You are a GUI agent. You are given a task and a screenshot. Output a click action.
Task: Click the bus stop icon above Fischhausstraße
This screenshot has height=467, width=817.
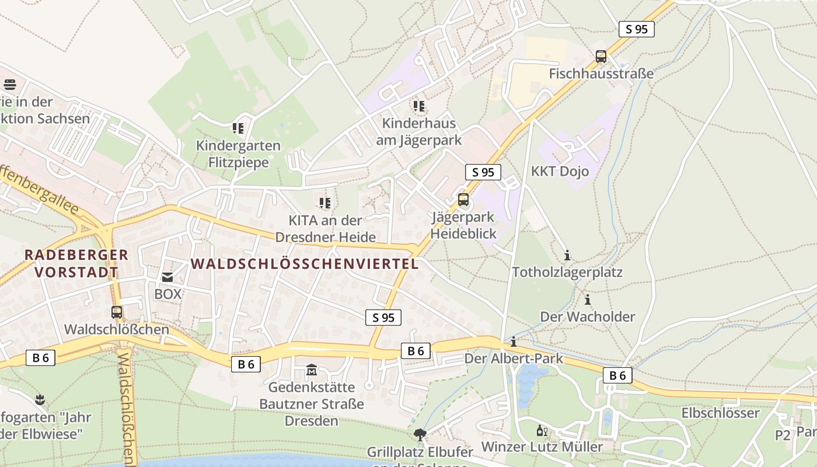click(x=601, y=57)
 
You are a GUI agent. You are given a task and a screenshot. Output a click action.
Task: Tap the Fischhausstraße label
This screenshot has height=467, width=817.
click(x=601, y=74)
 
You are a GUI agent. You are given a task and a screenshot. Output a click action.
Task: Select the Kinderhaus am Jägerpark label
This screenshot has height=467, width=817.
click(x=421, y=132)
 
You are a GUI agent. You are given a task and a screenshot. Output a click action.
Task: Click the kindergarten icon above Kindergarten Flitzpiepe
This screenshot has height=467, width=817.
click(x=238, y=128)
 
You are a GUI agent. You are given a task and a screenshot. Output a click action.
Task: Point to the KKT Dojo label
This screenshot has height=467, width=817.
click(x=560, y=172)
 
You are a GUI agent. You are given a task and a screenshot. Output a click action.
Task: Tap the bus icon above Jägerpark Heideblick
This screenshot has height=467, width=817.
click(x=463, y=200)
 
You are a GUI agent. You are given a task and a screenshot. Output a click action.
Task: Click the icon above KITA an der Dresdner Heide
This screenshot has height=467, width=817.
click(x=325, y=203)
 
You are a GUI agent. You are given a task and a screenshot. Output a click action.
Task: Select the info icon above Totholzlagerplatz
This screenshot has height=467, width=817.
click(x=567, y=255)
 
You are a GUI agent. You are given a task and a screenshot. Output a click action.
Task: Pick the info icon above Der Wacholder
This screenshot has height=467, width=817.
click(x=588, y=300)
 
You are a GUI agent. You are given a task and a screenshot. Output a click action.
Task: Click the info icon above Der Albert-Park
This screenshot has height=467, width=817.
click(x=514, y=341)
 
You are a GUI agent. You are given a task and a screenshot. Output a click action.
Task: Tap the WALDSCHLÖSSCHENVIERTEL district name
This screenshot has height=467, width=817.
click(x=305, y=264)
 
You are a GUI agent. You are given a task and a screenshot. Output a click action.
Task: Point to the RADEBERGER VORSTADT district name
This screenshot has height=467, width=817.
click(x=76, y=263)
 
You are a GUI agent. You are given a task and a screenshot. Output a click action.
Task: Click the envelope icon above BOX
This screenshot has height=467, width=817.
click(x=167, y=277)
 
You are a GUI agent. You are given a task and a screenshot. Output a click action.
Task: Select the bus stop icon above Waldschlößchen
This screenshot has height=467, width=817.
click(x=117, y=312)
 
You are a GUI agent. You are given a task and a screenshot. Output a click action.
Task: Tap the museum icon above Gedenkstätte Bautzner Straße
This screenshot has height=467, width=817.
click(x=312, y=370)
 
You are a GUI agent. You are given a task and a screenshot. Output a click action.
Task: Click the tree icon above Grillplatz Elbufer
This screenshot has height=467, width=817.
click(x=420, y=434)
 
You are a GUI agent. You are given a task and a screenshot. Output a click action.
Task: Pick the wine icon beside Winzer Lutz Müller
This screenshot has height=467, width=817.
click(x=542, y=431)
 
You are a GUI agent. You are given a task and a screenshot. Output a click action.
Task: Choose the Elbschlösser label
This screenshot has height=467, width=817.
click(x=720, y=413)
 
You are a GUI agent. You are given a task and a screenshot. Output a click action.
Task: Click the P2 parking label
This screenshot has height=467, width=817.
click(x=783, y=435)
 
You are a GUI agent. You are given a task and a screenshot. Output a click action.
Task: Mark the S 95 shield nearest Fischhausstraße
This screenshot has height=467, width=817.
click(x=636, y=29)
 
